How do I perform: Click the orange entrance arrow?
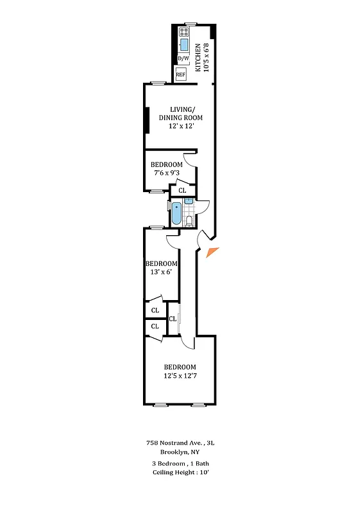(x=212, y=253)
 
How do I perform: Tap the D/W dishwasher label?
(x=183, y=58)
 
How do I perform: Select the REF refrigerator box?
(x=181, y=75)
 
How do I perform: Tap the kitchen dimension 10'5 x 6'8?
(x=206, y=57)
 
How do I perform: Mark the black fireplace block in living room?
(x=148, y=120)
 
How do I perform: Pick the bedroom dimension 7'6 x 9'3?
(x=167, y=173)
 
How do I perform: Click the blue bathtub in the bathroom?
(x=176, y=215)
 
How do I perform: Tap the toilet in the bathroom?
(x=189, y=221)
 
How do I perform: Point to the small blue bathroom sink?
(x=189, y=202)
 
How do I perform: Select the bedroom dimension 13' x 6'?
(x=161, y=272)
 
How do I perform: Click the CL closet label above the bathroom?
(x=182, y=190)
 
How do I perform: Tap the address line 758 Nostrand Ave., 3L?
(x=180, y=443)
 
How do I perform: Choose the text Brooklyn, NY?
(x=180, y=452)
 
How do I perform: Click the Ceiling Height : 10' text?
(x=180, y=472)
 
